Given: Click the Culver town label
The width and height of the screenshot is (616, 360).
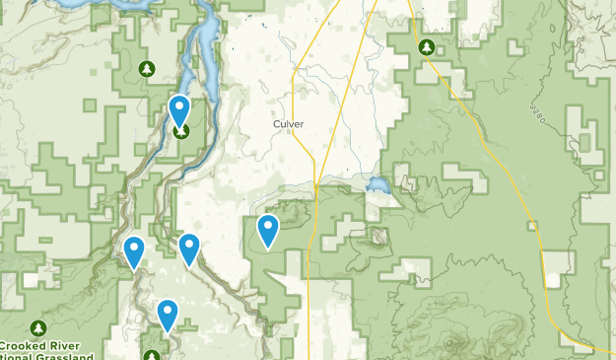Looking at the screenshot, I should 289,124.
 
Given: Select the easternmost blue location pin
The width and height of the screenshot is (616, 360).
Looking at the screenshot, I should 267,229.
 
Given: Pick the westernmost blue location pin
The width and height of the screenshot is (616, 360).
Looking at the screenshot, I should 134,251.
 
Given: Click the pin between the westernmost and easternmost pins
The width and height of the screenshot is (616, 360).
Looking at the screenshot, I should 189,248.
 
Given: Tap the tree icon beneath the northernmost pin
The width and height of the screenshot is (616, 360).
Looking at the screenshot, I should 180,129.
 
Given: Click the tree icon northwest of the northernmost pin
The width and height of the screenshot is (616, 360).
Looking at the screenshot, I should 146,68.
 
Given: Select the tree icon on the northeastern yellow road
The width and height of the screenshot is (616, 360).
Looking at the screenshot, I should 427,46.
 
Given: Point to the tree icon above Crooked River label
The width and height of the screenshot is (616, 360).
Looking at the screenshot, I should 38,327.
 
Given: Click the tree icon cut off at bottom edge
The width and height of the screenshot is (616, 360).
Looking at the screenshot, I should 152,354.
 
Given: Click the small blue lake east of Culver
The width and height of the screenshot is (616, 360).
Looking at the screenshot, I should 376,184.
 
